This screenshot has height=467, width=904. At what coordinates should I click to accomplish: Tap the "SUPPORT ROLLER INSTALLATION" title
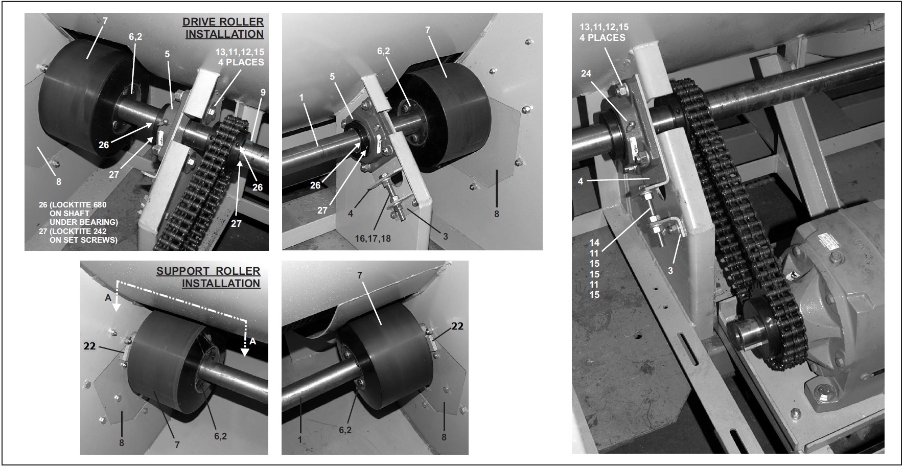coord(208,277)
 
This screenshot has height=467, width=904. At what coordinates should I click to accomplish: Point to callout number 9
coord(263,92)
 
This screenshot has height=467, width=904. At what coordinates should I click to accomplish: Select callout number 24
coord(586,74)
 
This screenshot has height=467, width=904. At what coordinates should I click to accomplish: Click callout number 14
coord(594,243)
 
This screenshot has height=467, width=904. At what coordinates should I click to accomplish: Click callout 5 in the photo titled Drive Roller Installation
coord(167,54)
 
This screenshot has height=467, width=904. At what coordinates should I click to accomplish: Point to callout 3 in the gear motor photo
coord(670,271)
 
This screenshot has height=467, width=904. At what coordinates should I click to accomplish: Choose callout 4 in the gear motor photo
coord(581,181)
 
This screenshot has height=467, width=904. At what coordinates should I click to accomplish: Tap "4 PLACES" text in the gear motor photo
coord(602,37)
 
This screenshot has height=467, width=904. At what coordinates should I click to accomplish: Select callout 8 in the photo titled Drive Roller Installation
coord(59,181)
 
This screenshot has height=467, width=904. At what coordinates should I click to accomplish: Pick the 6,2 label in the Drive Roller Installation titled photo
coord(135,36)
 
